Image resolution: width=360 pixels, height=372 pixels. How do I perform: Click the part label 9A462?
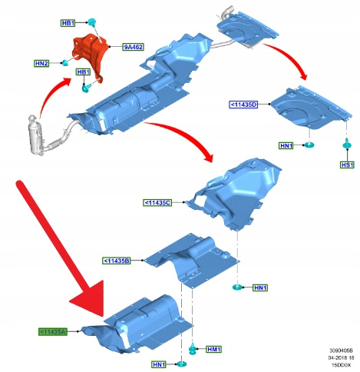point(133,47)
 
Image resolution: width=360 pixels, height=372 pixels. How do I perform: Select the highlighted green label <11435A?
point(53,331)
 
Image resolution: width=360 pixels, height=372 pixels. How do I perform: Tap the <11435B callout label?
point(117,261)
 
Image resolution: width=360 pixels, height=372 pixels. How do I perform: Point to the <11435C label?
point(157,203)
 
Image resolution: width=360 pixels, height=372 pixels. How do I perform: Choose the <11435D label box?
point(243,105)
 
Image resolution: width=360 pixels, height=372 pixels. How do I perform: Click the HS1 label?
point(347,164)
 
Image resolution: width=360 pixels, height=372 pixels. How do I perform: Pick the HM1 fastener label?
point(213,349)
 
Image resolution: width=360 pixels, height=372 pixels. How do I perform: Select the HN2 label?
point(41,63)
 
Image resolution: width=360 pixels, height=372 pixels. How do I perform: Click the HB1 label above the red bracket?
point(68,23)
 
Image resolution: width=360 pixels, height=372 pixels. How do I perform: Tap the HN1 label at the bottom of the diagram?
point(159,364)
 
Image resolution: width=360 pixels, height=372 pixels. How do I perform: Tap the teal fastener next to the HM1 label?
point(193,349)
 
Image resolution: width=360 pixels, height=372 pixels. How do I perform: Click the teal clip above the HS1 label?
point(347,144)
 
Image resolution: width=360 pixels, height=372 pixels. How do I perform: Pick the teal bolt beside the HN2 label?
point(65,62)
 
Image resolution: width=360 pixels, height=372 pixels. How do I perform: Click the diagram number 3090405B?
point(341,350)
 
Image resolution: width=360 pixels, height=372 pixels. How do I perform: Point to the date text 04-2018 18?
point(341,357)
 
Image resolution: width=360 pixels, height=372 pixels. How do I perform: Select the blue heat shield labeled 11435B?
point(191,260)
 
